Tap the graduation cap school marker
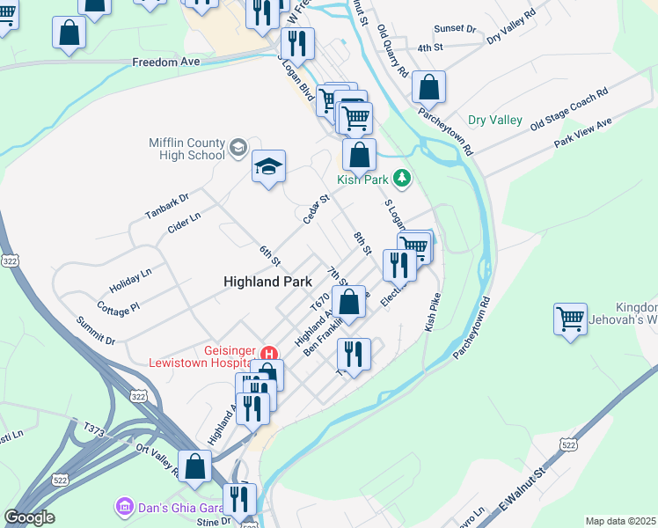pos(268,165)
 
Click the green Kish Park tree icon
pos(402,179)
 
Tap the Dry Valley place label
pos(494,120)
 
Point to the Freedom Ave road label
pos(166,62)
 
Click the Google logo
pos(29,517)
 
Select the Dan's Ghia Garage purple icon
pos(123,507)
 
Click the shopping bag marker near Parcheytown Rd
pos(428,88)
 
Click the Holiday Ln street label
pos(130,282)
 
